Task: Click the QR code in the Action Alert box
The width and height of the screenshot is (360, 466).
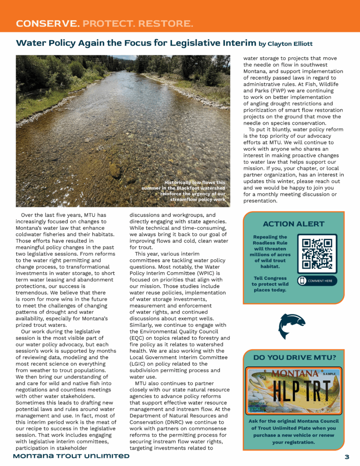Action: tap(317, 253)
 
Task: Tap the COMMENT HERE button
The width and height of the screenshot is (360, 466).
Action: tap(317, 281)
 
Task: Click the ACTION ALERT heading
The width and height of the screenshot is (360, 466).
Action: tap(294, 224)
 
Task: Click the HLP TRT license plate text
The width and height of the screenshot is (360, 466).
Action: tap(293, 390)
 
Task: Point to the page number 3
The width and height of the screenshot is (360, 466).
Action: tap(346, 456)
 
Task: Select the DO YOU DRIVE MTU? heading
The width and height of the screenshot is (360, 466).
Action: tap(294, 358)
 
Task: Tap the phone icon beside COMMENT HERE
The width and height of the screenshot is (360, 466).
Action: tap(302, 281)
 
